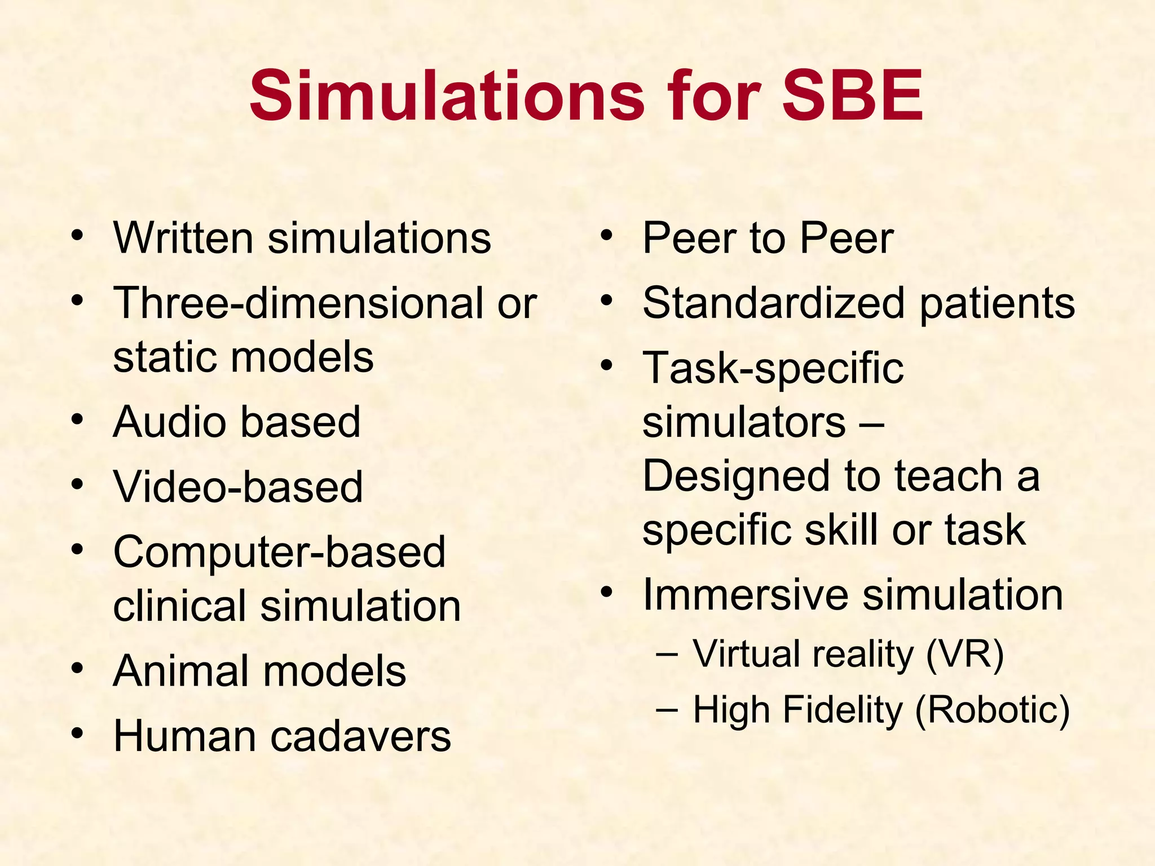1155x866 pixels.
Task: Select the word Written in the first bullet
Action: (x=183, y=238)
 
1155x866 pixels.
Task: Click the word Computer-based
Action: (x=279, y=551)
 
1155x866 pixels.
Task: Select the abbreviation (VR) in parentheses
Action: (x=964, y=654)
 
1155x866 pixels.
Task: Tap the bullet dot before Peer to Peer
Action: (x=606, y=235)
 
